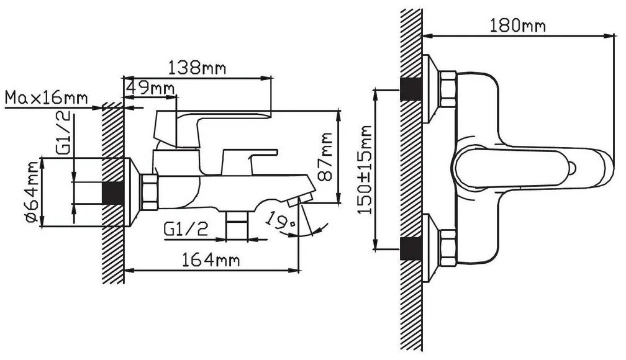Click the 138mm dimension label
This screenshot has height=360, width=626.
coord(196,68)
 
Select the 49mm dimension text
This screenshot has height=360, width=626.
coord(150,88)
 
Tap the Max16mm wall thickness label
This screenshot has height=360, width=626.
coord(47,98)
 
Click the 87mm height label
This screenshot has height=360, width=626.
coord(326,157)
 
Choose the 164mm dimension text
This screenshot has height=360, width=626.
coord(211,261)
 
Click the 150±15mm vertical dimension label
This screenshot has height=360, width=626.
coord(365,169)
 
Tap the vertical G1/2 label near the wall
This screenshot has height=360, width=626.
coord(64,133)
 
